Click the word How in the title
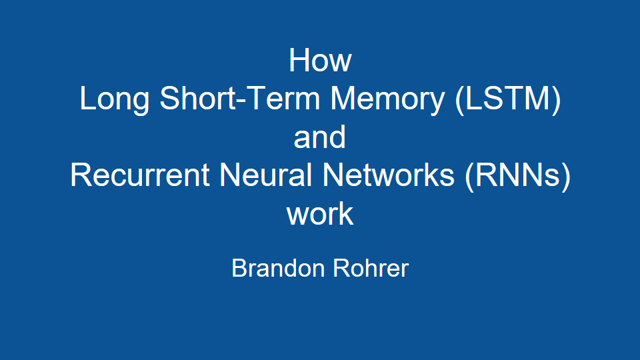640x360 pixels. click(320, 61)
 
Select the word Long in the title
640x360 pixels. click(114, 100)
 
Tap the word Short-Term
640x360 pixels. click(239, 99)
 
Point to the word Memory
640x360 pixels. click(387, 100)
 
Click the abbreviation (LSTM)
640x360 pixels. click(508, 100)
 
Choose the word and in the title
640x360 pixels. click(319, 137)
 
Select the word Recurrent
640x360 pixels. click(140, 175)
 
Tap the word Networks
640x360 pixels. click(388, 175)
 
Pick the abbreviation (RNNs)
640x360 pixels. click(517, 176)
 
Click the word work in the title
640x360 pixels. click(320, 213)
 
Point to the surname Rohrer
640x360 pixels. click(371, 268)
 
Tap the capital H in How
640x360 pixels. click(299, 61)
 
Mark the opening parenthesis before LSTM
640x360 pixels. click(459, 101)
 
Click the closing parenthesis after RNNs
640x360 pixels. click(566, 177)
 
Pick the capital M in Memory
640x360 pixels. click(343, 99)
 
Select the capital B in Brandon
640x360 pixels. click(239, 268)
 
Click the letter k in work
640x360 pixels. click(347, 213)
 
